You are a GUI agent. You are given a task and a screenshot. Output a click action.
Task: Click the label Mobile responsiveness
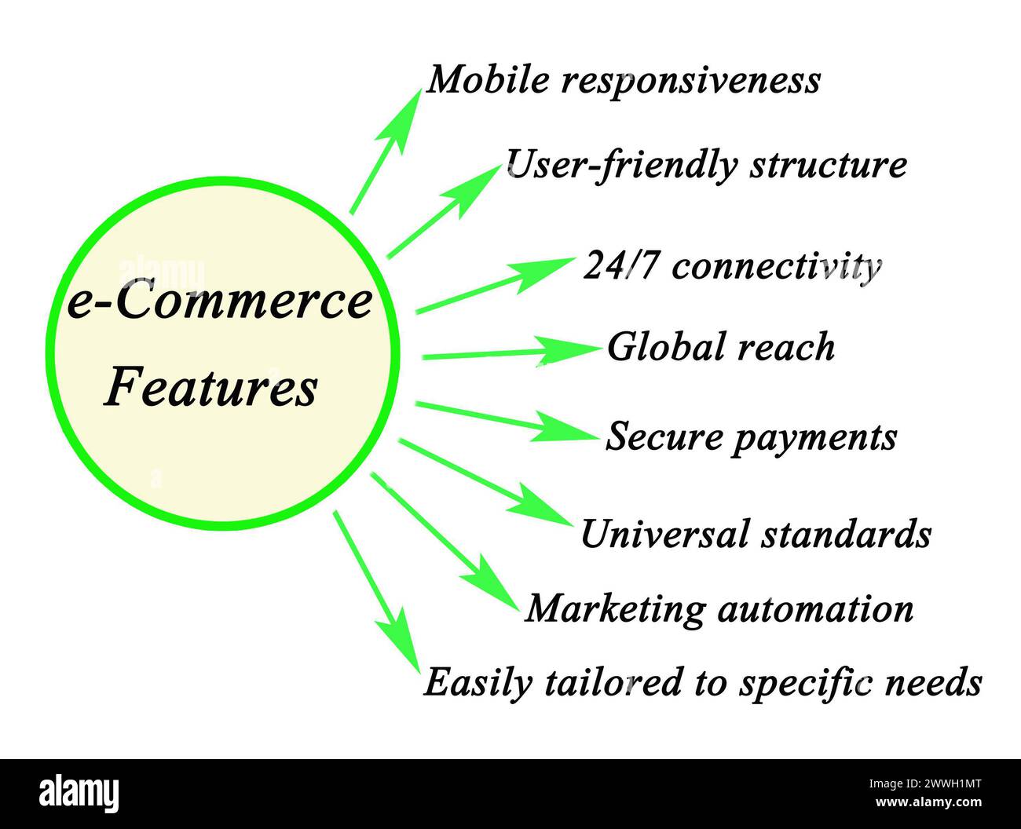point(623,80)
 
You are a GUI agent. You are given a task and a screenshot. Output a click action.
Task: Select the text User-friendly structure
point(705,165)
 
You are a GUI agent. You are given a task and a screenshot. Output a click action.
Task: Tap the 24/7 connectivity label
point(732,267)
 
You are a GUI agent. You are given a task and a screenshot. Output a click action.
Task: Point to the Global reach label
point(720,347)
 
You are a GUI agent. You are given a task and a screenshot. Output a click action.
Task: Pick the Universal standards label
point(756,535)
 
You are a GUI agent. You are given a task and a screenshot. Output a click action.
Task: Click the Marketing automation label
point(719,608)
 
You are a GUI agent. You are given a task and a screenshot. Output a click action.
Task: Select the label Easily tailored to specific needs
point(703,682)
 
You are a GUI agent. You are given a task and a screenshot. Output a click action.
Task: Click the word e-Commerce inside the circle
point(219,302)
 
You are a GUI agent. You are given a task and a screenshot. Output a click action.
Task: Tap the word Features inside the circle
point(211,387)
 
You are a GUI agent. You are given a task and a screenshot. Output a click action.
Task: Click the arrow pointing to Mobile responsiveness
point(386,150)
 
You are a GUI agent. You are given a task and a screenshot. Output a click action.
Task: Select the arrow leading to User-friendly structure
point(444,211)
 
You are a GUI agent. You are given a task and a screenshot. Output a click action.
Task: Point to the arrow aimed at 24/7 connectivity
point(494,285)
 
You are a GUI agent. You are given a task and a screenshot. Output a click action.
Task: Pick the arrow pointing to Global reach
point(510,352)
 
